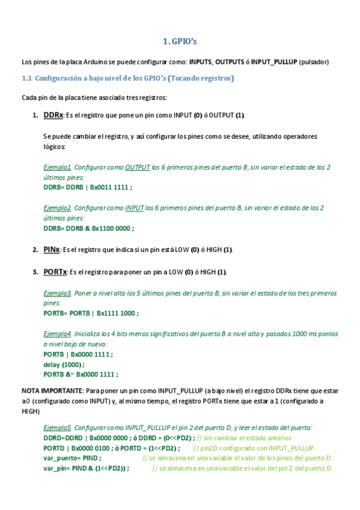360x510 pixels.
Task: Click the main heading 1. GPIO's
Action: pos(180,41)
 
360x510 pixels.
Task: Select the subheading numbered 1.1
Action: pos(127,78)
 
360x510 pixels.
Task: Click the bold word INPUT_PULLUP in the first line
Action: pos(274,61)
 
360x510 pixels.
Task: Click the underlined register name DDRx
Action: pos(53,115)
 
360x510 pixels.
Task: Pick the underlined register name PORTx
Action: pos(55,272)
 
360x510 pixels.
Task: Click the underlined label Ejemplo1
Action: pos(58,167)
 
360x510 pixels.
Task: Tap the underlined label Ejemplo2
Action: pos(58,207)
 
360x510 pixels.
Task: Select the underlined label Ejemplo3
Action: pos(58,293)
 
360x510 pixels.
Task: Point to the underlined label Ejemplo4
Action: pos(58,333)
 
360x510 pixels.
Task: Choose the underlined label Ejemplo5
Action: pos(58,428)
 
